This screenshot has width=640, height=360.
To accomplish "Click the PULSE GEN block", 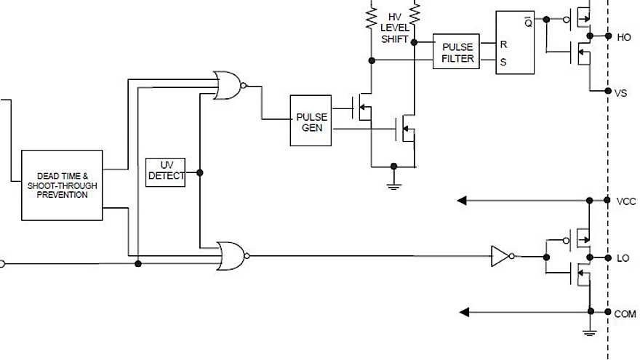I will click(x=311, y=121).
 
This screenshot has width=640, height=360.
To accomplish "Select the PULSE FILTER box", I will click(x=457, y=52).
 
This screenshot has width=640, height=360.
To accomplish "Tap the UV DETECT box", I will click(x=166, y=172).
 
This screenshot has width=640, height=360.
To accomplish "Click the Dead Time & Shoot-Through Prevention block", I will click(x=62, y=185).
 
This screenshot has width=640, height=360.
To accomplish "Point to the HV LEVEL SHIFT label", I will click(x=394, y=28).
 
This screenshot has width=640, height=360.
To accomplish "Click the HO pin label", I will click(x=624, y=36).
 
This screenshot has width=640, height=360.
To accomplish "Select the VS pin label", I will click(x=621, y=93).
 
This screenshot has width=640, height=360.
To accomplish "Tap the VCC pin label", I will click(x=625, y=201).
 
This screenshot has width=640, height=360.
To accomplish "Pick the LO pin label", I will click(x=623, y=258).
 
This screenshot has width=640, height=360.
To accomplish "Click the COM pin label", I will click(x=625, y=313).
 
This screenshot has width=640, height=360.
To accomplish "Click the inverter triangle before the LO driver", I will click(x=500, y=256).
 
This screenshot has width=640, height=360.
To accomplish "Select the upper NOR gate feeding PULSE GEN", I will click(x=228, y=86).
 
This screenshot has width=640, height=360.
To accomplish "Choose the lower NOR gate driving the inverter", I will click(x=231, y=256).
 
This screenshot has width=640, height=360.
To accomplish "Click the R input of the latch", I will click(x=503, y=44).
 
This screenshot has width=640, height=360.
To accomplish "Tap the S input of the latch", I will click(x=503, y=62).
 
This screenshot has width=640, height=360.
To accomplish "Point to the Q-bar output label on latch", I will click(x=527, y=22).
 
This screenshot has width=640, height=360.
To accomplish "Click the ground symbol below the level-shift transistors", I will click(x=393, y=186).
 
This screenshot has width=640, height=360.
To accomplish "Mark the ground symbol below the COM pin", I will click(x=589, y=332).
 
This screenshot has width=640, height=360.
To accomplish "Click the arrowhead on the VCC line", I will click(x=461, y=200).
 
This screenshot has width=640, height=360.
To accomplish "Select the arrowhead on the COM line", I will click(x=463, y=312).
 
